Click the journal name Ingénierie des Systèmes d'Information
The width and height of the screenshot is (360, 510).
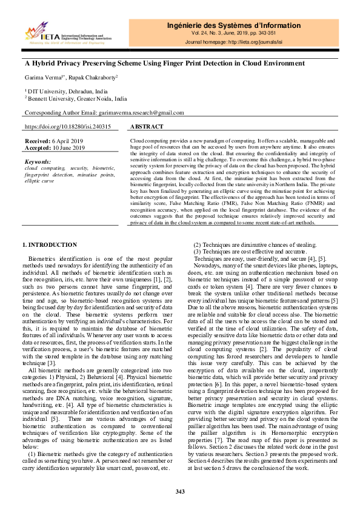[233, 25]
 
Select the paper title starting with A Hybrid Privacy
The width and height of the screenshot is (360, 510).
[164, 63]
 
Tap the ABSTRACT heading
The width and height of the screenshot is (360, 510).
[147, 127]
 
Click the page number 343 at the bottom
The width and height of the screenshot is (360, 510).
[180, 491]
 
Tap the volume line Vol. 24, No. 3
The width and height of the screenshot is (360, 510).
[233, 34]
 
